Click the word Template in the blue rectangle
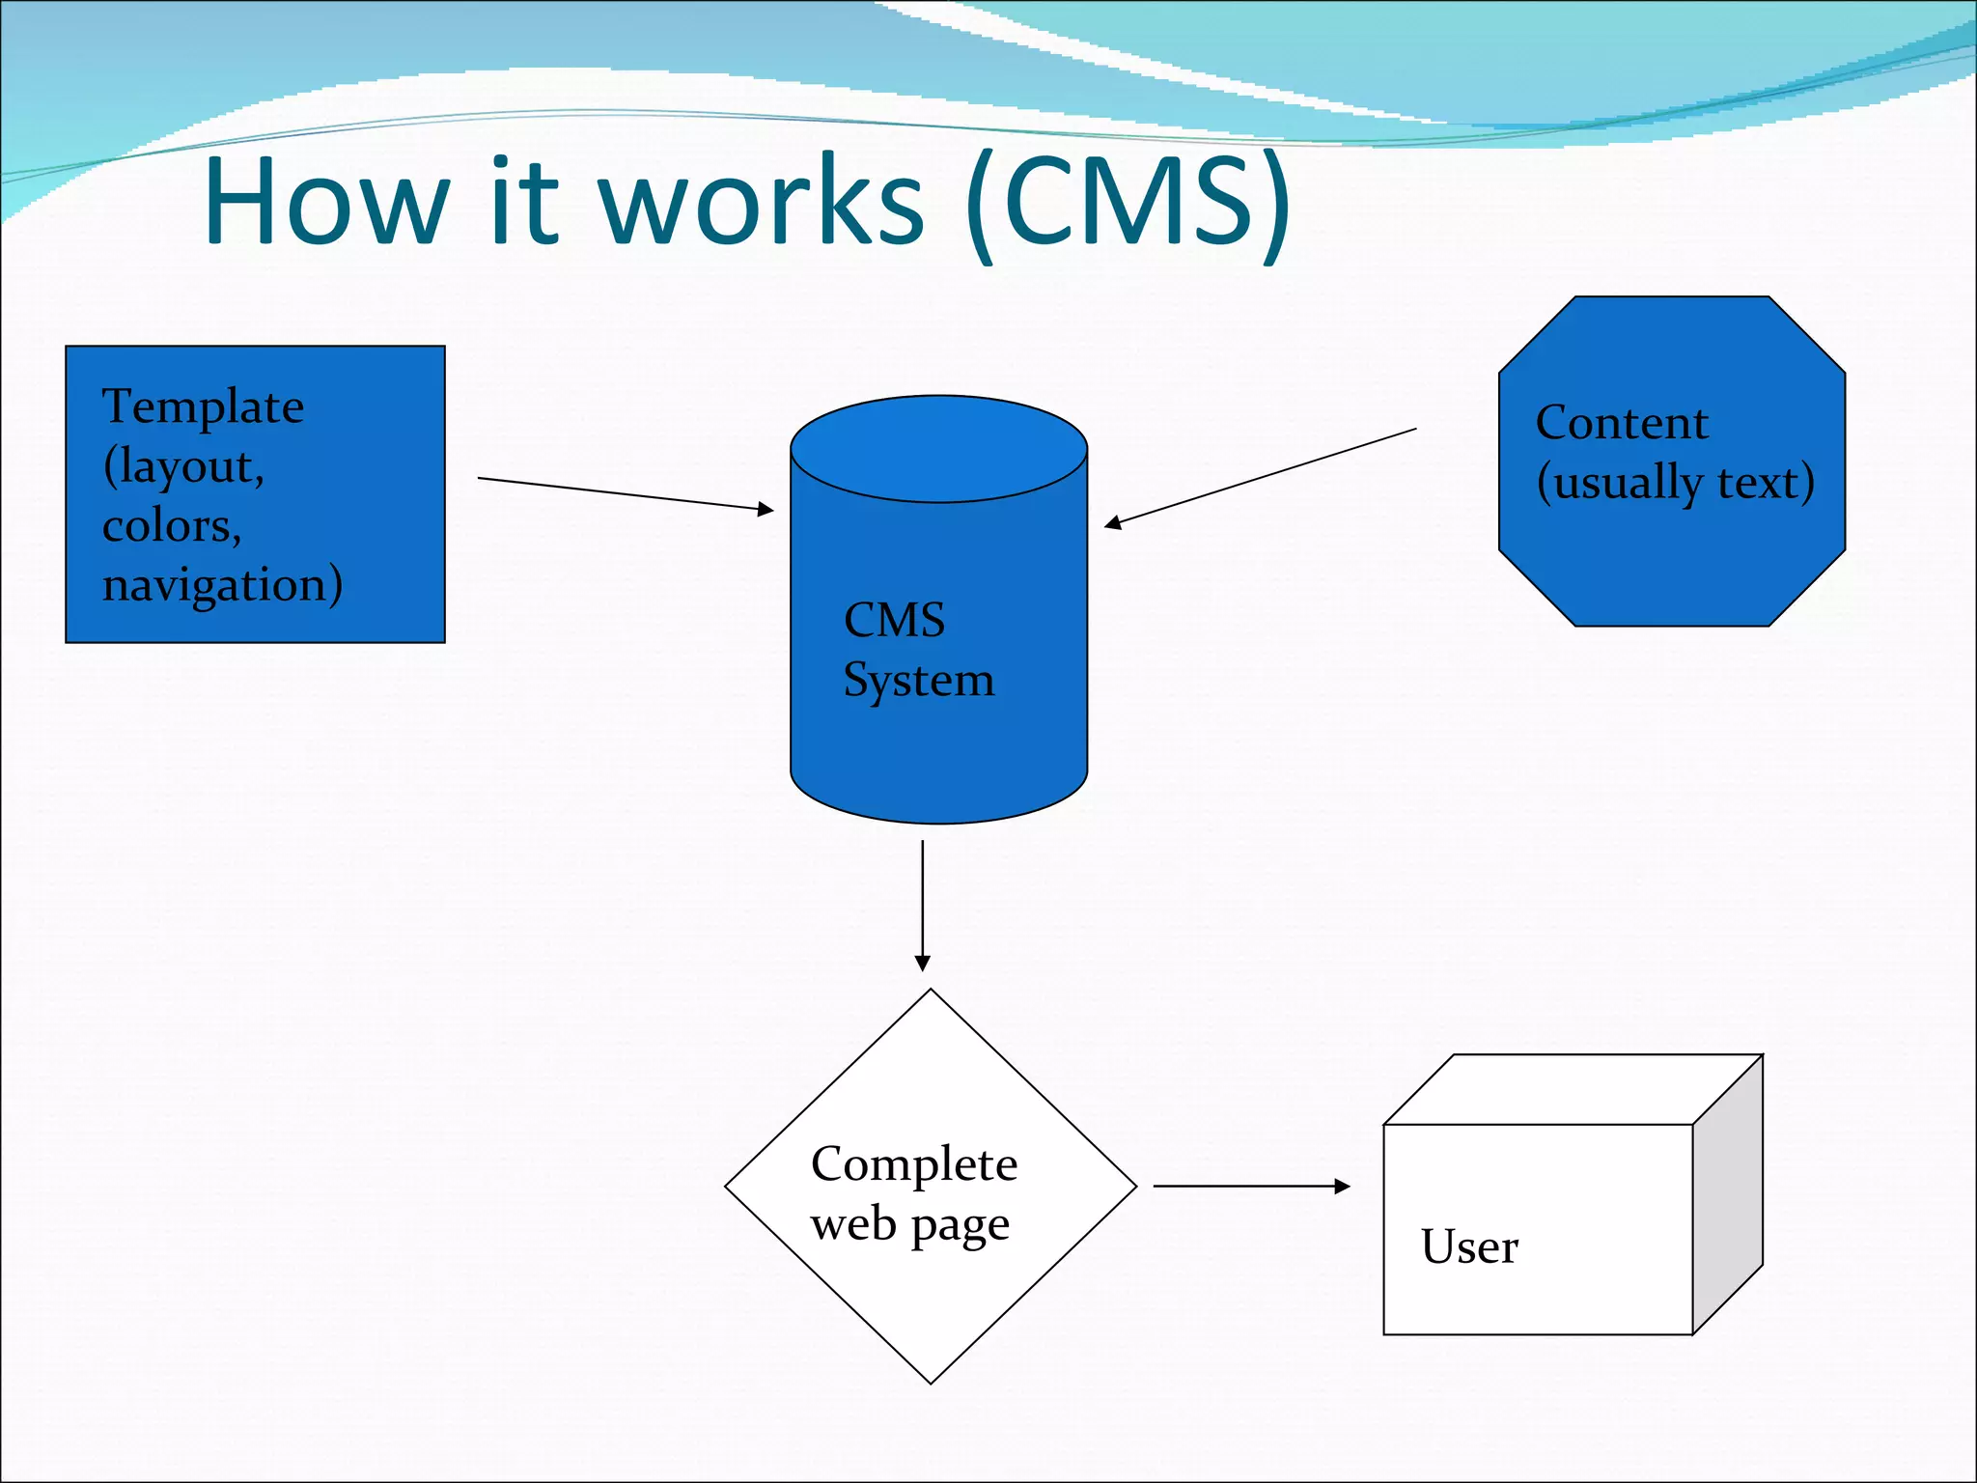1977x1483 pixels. point(203,406)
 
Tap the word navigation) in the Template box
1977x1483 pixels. point(222,585)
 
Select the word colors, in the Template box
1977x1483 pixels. point(172,526)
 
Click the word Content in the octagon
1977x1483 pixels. point(1622,423)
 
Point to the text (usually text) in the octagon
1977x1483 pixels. point(1676,483)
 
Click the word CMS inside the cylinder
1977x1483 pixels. point(894,620)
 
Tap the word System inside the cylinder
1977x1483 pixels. point(918,680)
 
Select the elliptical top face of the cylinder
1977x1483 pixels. point(938,448)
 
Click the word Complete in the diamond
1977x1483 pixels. point(913,1164)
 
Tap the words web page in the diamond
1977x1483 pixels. point(909,1225)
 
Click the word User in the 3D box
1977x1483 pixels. point(1469,1246)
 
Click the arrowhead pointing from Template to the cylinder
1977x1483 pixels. point(766,509)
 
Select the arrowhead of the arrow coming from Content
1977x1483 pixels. point(1113,523)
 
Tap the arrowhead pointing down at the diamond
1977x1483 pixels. point(923,963)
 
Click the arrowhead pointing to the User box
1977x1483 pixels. point(1342,1186)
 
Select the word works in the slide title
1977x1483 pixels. point(762,203)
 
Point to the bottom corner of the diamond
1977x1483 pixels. point(931,1381)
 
